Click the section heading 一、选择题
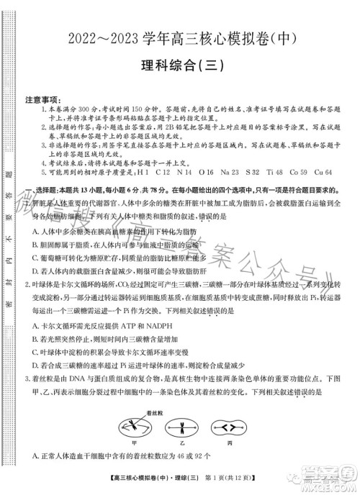click(x=43, y=189)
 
